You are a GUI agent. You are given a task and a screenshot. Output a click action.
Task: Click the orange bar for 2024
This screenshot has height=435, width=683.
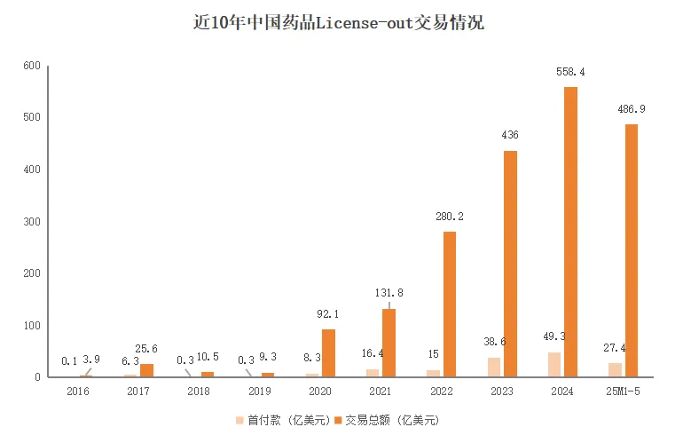point(570,232)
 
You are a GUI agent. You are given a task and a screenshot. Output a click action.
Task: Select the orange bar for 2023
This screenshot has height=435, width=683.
point(510,264)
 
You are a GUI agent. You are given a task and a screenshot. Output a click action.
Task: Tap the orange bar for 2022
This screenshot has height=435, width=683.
point(450,304)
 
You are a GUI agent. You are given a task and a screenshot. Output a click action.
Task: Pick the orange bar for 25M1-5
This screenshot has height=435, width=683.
point(631,250)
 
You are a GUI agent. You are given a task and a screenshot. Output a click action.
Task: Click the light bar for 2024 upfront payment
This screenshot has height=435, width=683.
point(554,364)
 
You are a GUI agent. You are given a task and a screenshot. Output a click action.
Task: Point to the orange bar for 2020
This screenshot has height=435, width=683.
point(328,353)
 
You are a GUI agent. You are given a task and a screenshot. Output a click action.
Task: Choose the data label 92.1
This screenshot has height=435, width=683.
point(328,313)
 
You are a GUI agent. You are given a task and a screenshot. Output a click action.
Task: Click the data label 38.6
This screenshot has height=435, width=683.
point(493,341)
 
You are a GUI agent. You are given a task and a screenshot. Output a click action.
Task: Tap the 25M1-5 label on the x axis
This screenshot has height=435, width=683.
point(624,391)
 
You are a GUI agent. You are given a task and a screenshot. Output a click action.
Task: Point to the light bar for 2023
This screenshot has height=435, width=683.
point(494,367)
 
